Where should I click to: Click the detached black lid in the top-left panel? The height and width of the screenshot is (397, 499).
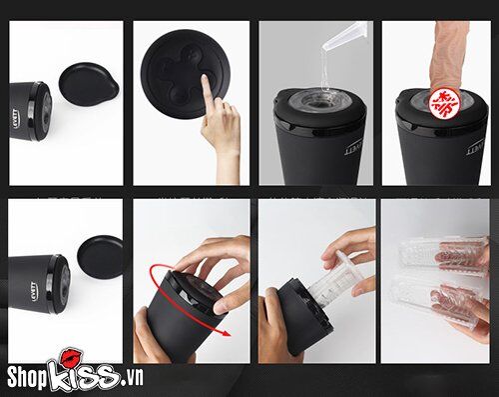89,85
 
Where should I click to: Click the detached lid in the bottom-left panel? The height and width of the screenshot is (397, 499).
100,257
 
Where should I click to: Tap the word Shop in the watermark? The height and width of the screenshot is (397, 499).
29,376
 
